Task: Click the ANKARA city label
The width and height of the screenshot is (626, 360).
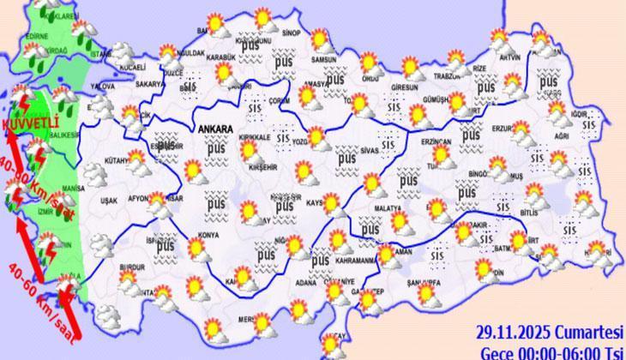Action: (215, 129)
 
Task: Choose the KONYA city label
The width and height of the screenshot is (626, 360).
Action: (208, 234)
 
